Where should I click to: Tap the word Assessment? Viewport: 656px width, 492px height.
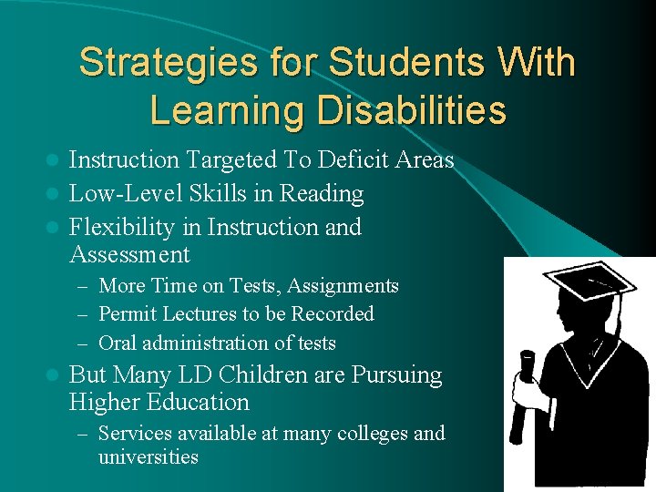point(129,254)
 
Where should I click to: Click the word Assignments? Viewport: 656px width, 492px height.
point(343,286)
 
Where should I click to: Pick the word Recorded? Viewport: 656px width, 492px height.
point(332,314)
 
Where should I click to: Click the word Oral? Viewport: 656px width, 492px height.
point(118,343)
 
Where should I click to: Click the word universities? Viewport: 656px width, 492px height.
point(148,456)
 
